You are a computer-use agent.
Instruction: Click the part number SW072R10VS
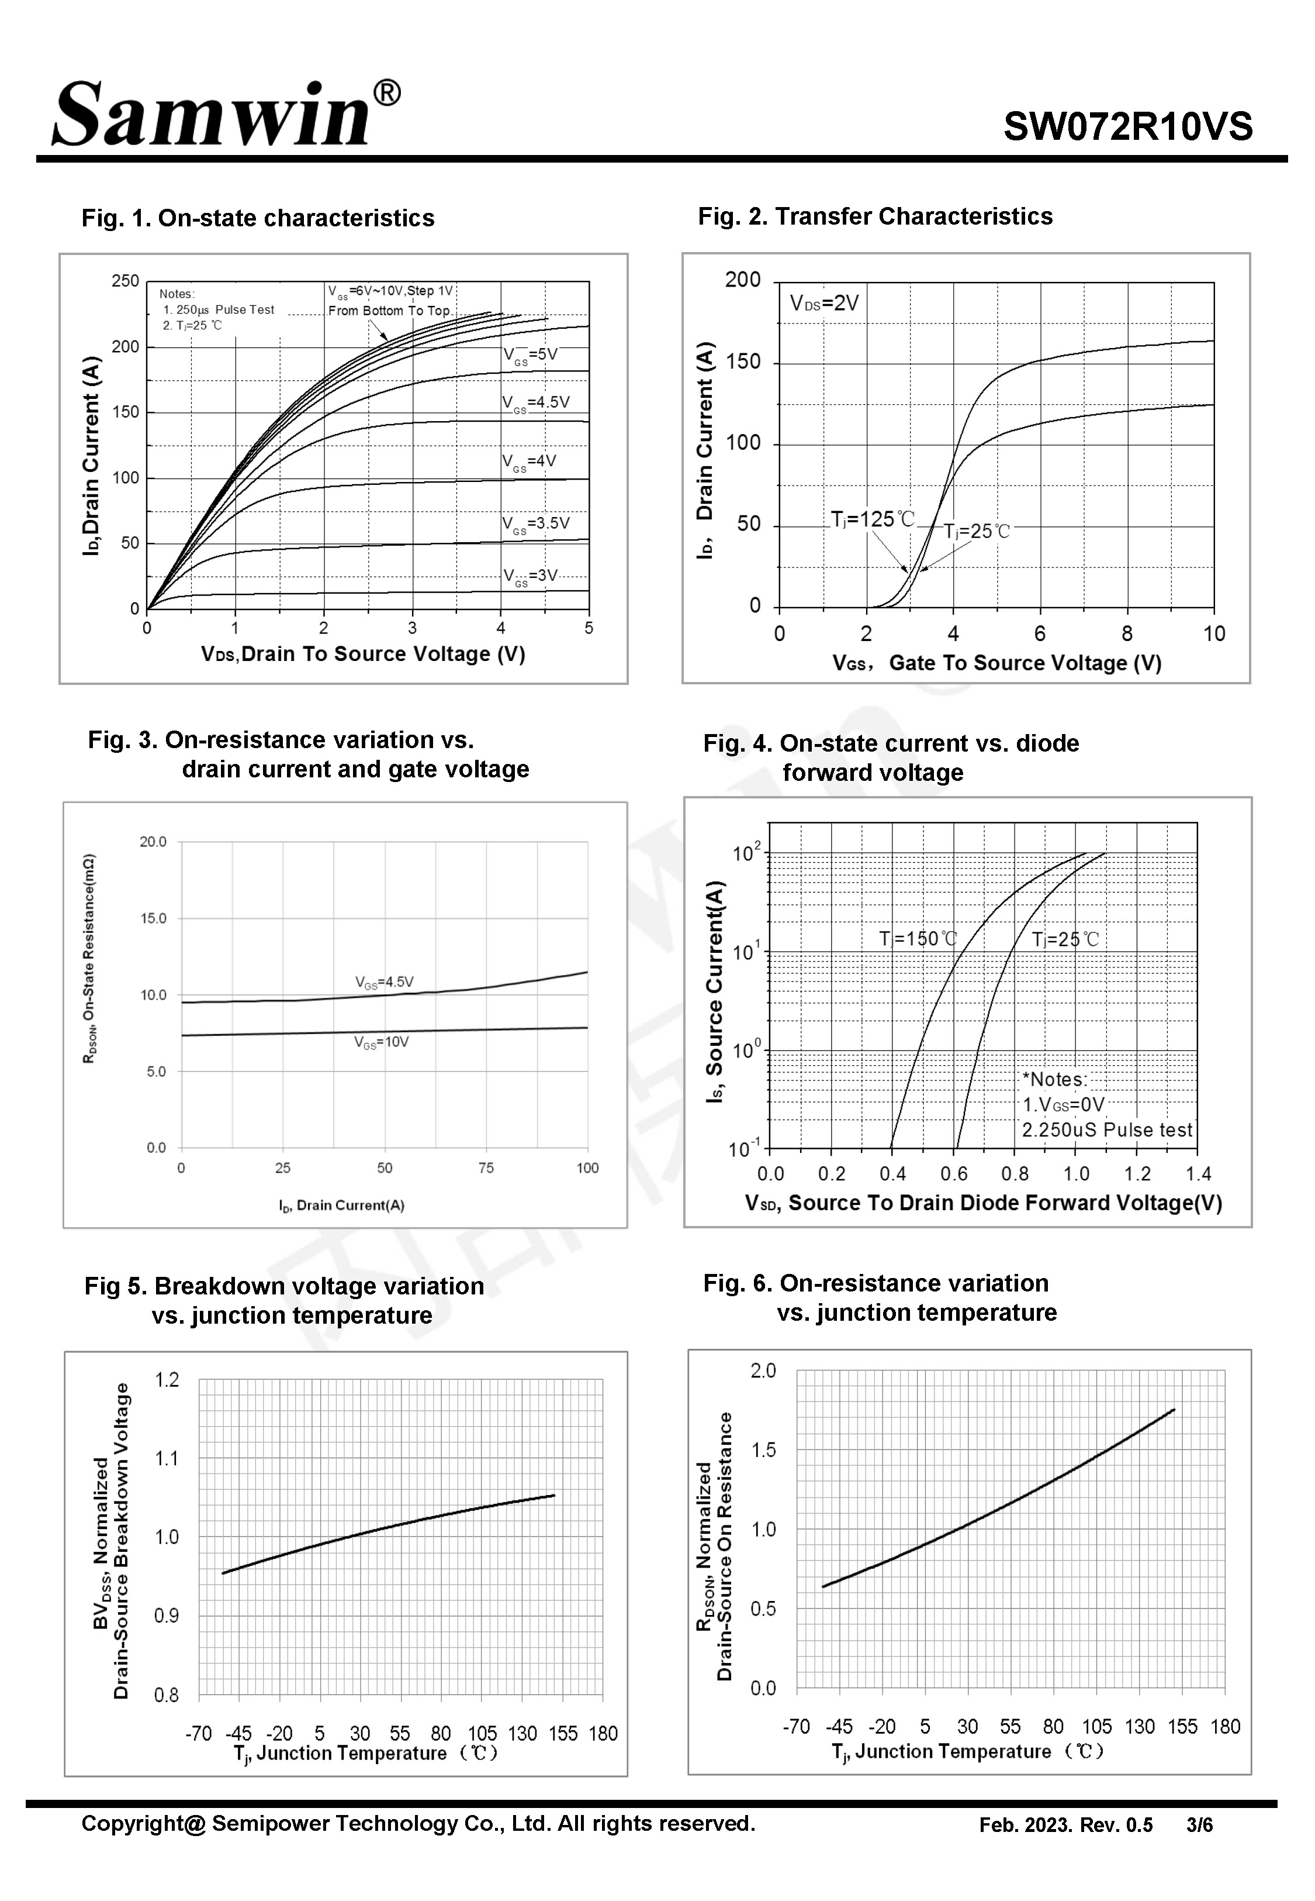pyautogui.click(x=1127, y=128)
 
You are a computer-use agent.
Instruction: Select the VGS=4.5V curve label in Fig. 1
pyautogui.click(x=535, y=403)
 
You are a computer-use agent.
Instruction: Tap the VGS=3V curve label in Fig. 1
pyautogui.click(x=531, y=576)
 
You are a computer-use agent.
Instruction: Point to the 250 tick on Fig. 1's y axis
pyautogui.click(x=125, y=281)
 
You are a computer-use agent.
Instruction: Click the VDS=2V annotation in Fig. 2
pyautogui.click(x=824, y=304)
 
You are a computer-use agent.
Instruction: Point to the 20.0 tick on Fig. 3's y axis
pyautogui.click(x=153, y=842)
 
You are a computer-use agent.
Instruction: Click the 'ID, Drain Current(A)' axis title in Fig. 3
pyautogui.click(x=341, y=1205)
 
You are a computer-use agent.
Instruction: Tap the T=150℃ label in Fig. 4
pyautogui.click(x=918, y=939)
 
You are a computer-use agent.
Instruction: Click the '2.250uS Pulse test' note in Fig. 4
pyautogui.click(x=1106, y=1130)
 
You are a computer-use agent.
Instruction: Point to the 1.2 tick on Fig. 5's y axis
pyautogui.click(x=167, y=1380)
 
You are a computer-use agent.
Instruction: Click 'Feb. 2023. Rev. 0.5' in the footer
pyautogui.click(x=1065, y=1825)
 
